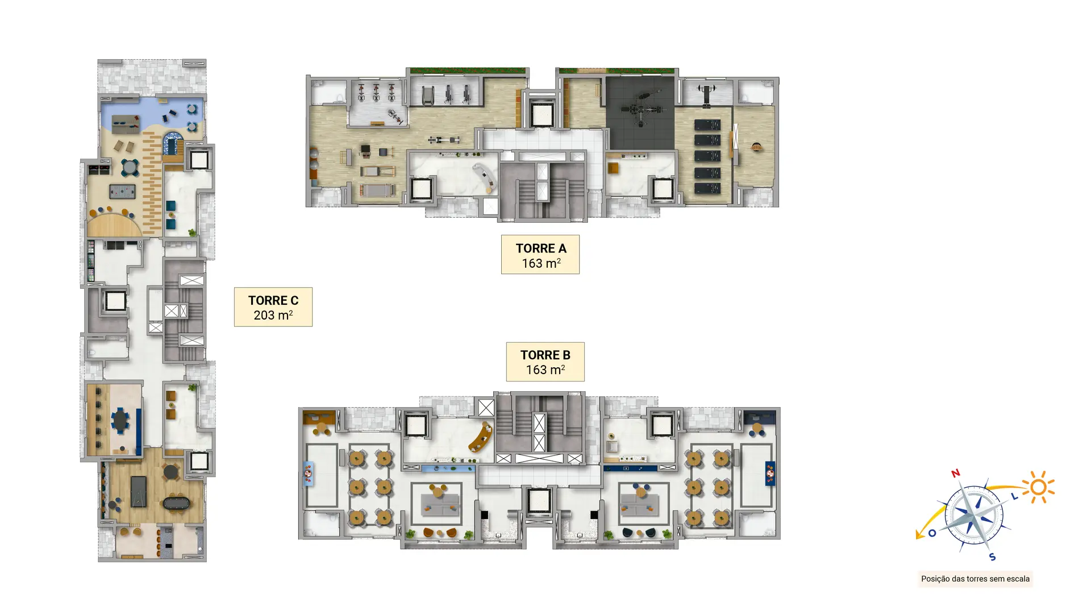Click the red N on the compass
pos(956,473)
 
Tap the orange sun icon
pos(1039,487)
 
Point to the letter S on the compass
pos(992,557)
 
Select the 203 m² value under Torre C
pos(273,315)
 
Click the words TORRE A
pos(541,248)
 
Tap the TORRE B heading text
pos(545,355)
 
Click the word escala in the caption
pos(1017,579)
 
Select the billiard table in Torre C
pos(139,492)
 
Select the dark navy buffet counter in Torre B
pos(630,468)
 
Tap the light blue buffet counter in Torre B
pos(448,468)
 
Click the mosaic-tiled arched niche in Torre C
pos(172,144)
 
